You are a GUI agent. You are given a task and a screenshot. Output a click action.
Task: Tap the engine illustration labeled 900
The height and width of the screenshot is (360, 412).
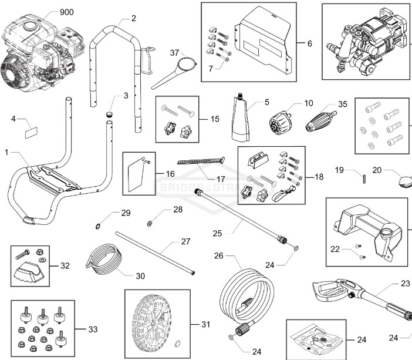[x=35, y=50]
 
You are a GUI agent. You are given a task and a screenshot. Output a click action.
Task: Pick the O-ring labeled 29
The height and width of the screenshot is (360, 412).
[x=97, y=226]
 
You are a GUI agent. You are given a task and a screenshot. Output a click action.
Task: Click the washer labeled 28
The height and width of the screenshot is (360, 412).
[x=151, y=223]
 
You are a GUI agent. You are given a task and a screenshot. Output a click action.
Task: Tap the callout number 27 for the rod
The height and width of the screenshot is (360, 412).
[x=185, y=241]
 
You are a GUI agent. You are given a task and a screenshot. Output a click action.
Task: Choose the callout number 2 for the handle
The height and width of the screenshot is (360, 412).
[x=133, y=18]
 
